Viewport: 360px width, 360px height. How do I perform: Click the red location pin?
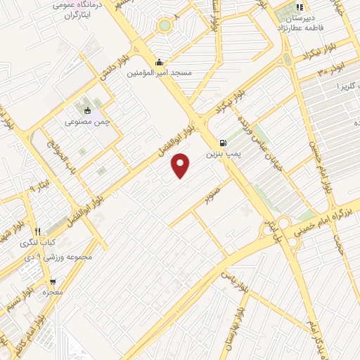[181, 165]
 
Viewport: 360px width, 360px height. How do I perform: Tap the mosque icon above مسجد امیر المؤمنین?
[161, 62]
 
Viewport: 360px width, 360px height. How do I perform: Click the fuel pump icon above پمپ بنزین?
[224, 141]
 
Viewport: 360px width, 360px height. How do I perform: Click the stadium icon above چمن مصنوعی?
[88, 110]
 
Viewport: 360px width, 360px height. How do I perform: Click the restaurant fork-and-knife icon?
[37, 231]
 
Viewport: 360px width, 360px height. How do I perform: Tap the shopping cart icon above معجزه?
[51, 280]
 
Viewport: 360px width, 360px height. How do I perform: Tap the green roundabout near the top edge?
[164, 25]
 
